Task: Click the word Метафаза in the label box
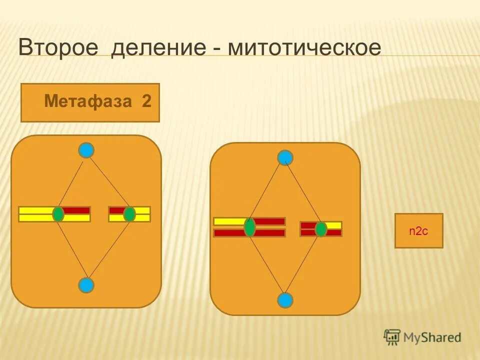[x=88, y=101]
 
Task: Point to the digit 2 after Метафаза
[x=146, y=101]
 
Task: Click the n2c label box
[x=418, y=230]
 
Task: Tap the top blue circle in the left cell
[x=86, y=150]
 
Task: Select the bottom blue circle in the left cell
[x=86, y=285]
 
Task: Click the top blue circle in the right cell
[x=285, y=157]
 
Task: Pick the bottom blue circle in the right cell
[x=285, y=300]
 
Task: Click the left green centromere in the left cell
[x=58, y=214]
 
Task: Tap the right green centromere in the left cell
[x=129, y=214]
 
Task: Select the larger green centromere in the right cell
[x=249, y=227]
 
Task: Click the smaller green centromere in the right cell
[x=320, y=229]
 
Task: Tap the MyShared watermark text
[x=432, y=337]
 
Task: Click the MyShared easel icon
[x=391, y=337]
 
